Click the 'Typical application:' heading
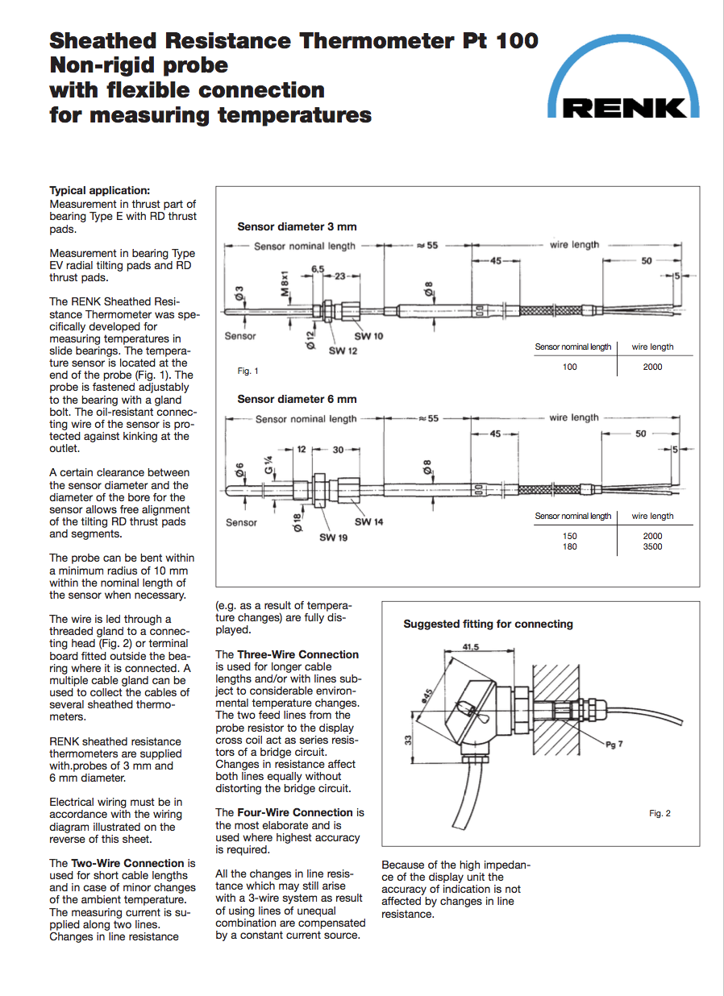tap(99, 191)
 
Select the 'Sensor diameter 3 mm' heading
tap(297, 226)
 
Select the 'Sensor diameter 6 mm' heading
tap(297, 399)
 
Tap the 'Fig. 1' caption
tap(248, 371)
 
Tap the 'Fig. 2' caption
tap(660, 813)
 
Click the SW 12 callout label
tap(343, 351)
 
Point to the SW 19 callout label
tap(333, 537)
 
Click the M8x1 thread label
tap(285, 283)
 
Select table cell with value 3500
tap(652, 546)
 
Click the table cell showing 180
tap(570, 546)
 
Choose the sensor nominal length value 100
tap(570, 367)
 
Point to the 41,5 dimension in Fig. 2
tap(472, 647)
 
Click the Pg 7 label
tap(614, 745)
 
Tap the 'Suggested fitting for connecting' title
tap(488, 624)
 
